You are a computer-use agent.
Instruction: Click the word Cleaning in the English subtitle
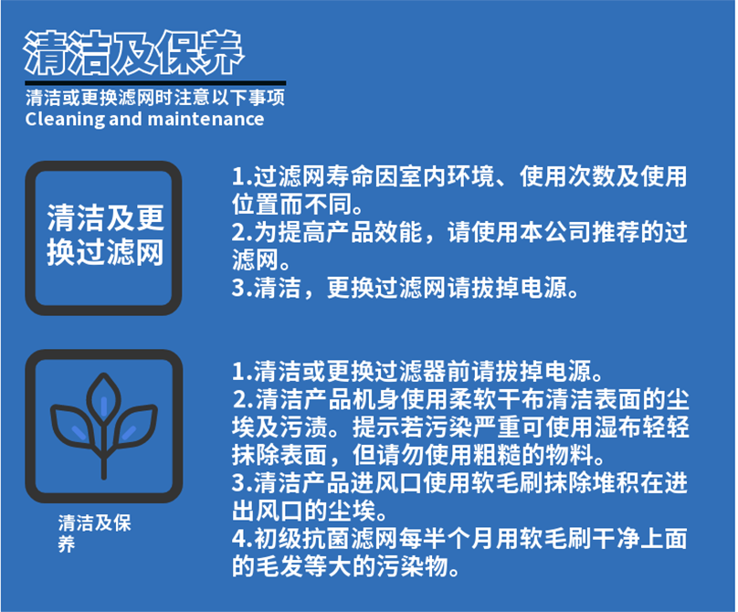pos(65,120)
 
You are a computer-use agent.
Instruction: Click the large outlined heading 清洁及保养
pos(133,53)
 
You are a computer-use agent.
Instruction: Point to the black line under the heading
pos(155,83)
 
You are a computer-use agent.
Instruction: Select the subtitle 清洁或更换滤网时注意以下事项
pos(155,98)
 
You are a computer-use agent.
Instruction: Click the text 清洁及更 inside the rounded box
pos(105,218)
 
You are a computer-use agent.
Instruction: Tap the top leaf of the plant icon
pos(104,396)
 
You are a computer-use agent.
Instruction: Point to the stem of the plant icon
pos(104,452)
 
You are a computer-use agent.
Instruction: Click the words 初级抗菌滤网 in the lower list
pos(326,539)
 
